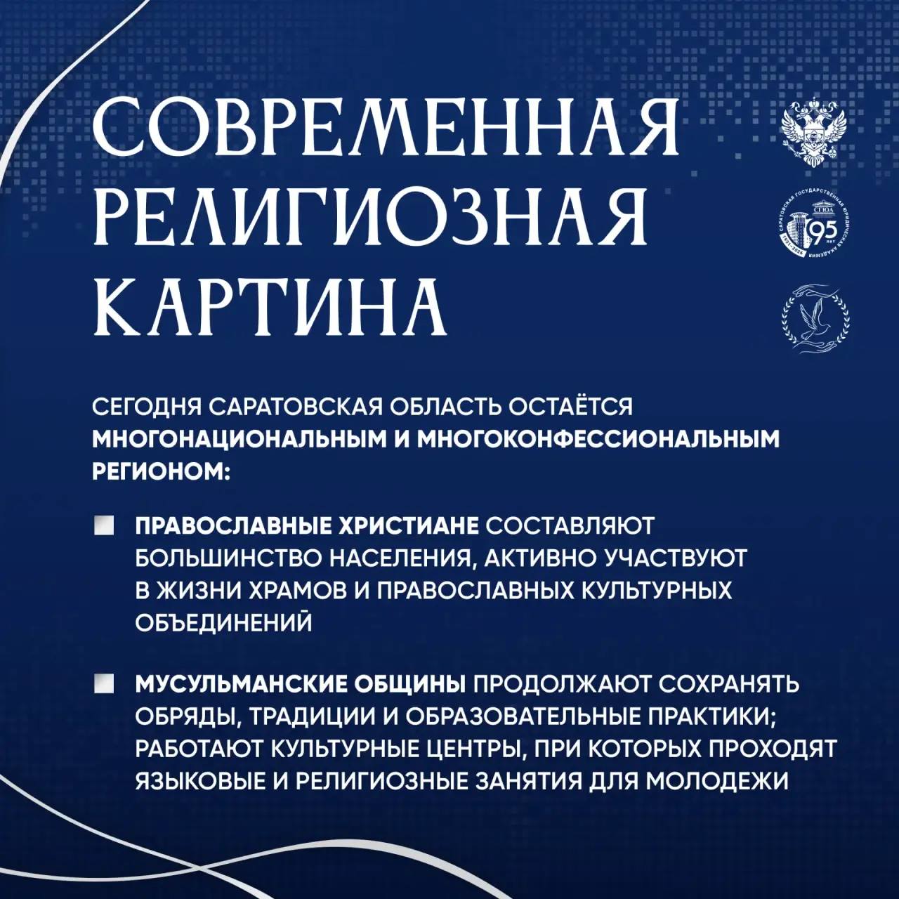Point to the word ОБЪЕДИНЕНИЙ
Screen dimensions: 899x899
tap(223, 621)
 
